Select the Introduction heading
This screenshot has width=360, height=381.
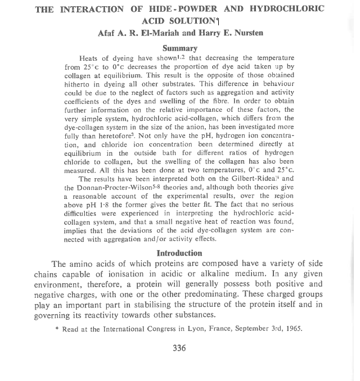pyautogui.click(x=179, y=253)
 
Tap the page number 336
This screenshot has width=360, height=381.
pyautogui.click(x=179, y=348)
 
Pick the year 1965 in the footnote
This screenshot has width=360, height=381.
pyautogui.click(x=293, y=329)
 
